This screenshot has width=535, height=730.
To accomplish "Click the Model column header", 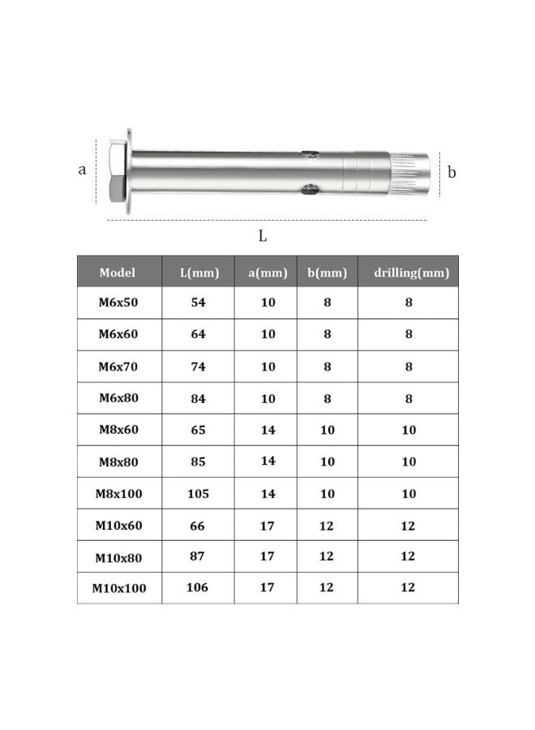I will tap(118, 273).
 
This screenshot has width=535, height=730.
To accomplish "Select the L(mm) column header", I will tap(199, 273).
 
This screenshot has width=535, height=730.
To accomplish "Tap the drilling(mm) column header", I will tap(410, 273).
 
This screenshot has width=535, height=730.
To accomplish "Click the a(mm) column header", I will tap(267, 273).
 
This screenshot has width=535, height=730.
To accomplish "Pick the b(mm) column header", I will tap(327, 273).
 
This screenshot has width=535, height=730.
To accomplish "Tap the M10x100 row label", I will tap(119, 588).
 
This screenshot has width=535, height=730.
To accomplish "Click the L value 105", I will tap(199, 494).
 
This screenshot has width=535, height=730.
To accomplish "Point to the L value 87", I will tap(199, 556).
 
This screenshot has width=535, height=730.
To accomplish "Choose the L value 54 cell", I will tap(199, 303).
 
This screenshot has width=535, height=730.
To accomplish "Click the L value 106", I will tap(199, 588).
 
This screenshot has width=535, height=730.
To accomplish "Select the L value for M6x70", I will tap(199, 367).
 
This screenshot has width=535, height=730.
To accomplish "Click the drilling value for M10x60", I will tap(409, 526).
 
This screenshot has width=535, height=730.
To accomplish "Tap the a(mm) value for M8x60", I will tap(267, 430).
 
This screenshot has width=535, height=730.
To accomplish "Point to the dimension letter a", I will tap(82, 170).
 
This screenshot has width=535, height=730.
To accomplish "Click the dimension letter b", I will tap(452, 172).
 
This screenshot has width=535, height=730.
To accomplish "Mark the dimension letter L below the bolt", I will tap(262, 236).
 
